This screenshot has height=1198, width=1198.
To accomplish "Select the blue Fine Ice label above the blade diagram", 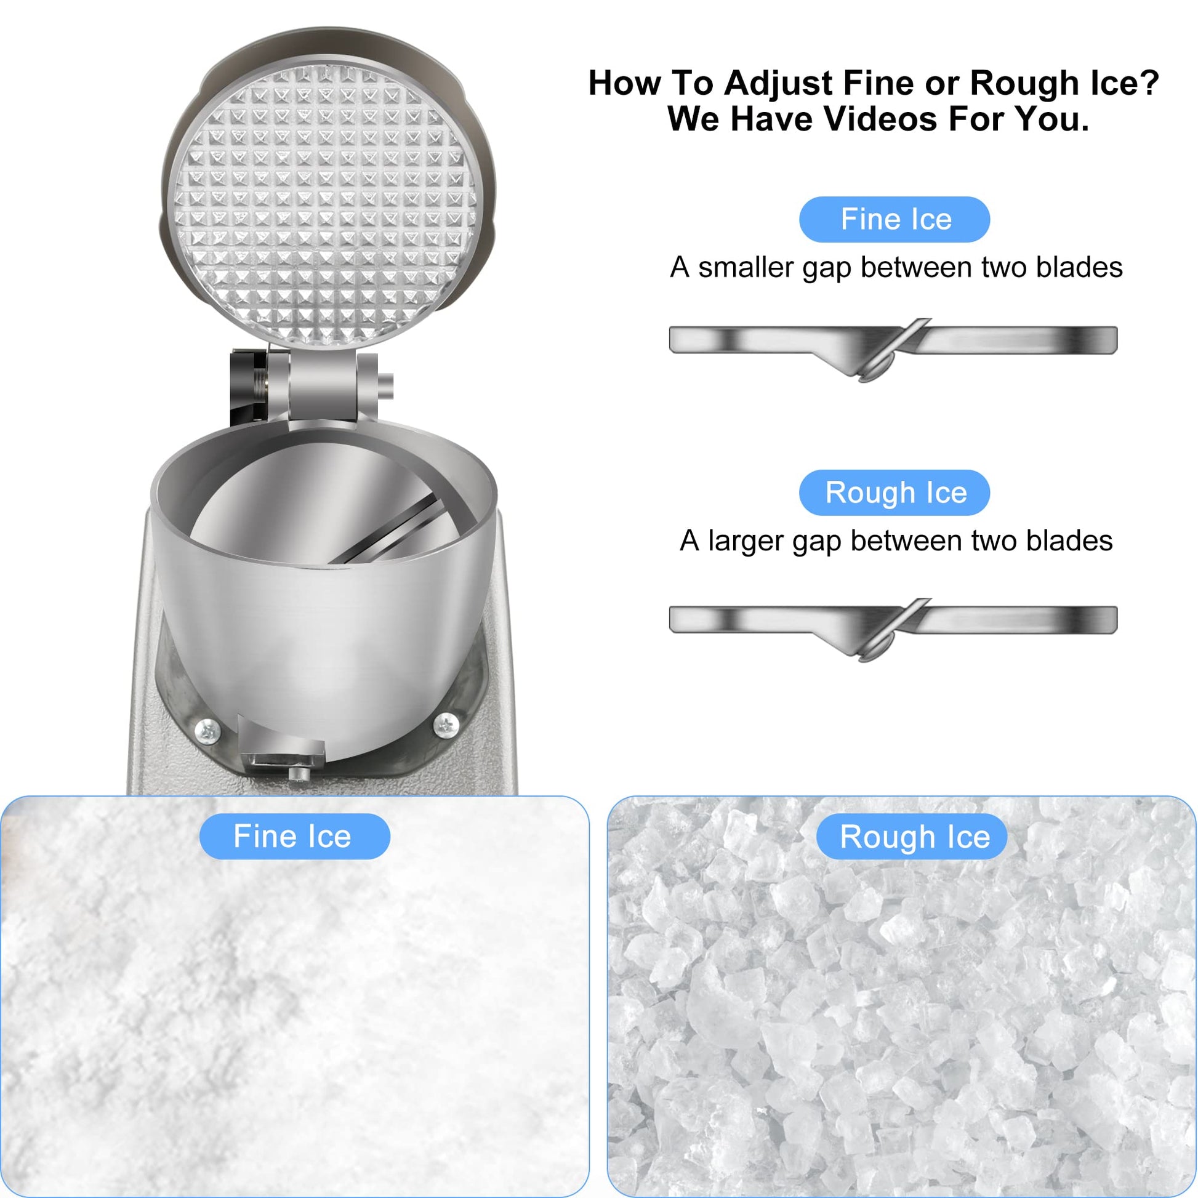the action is pyautogui.click(x=894, y=219).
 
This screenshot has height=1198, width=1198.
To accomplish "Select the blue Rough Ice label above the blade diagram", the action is pyautogui.click(x=894, y=492).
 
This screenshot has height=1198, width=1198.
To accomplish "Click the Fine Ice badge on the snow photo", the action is pyautogui.click(x=294, y=836).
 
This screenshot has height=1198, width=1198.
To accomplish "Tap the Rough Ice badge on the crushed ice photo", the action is pyautogui.click(x=912, y=837).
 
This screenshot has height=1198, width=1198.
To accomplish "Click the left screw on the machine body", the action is pyautogui.click(x=207, y=731).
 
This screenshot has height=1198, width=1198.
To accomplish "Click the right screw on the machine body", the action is pyautogui.click(x=445, y=723).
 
